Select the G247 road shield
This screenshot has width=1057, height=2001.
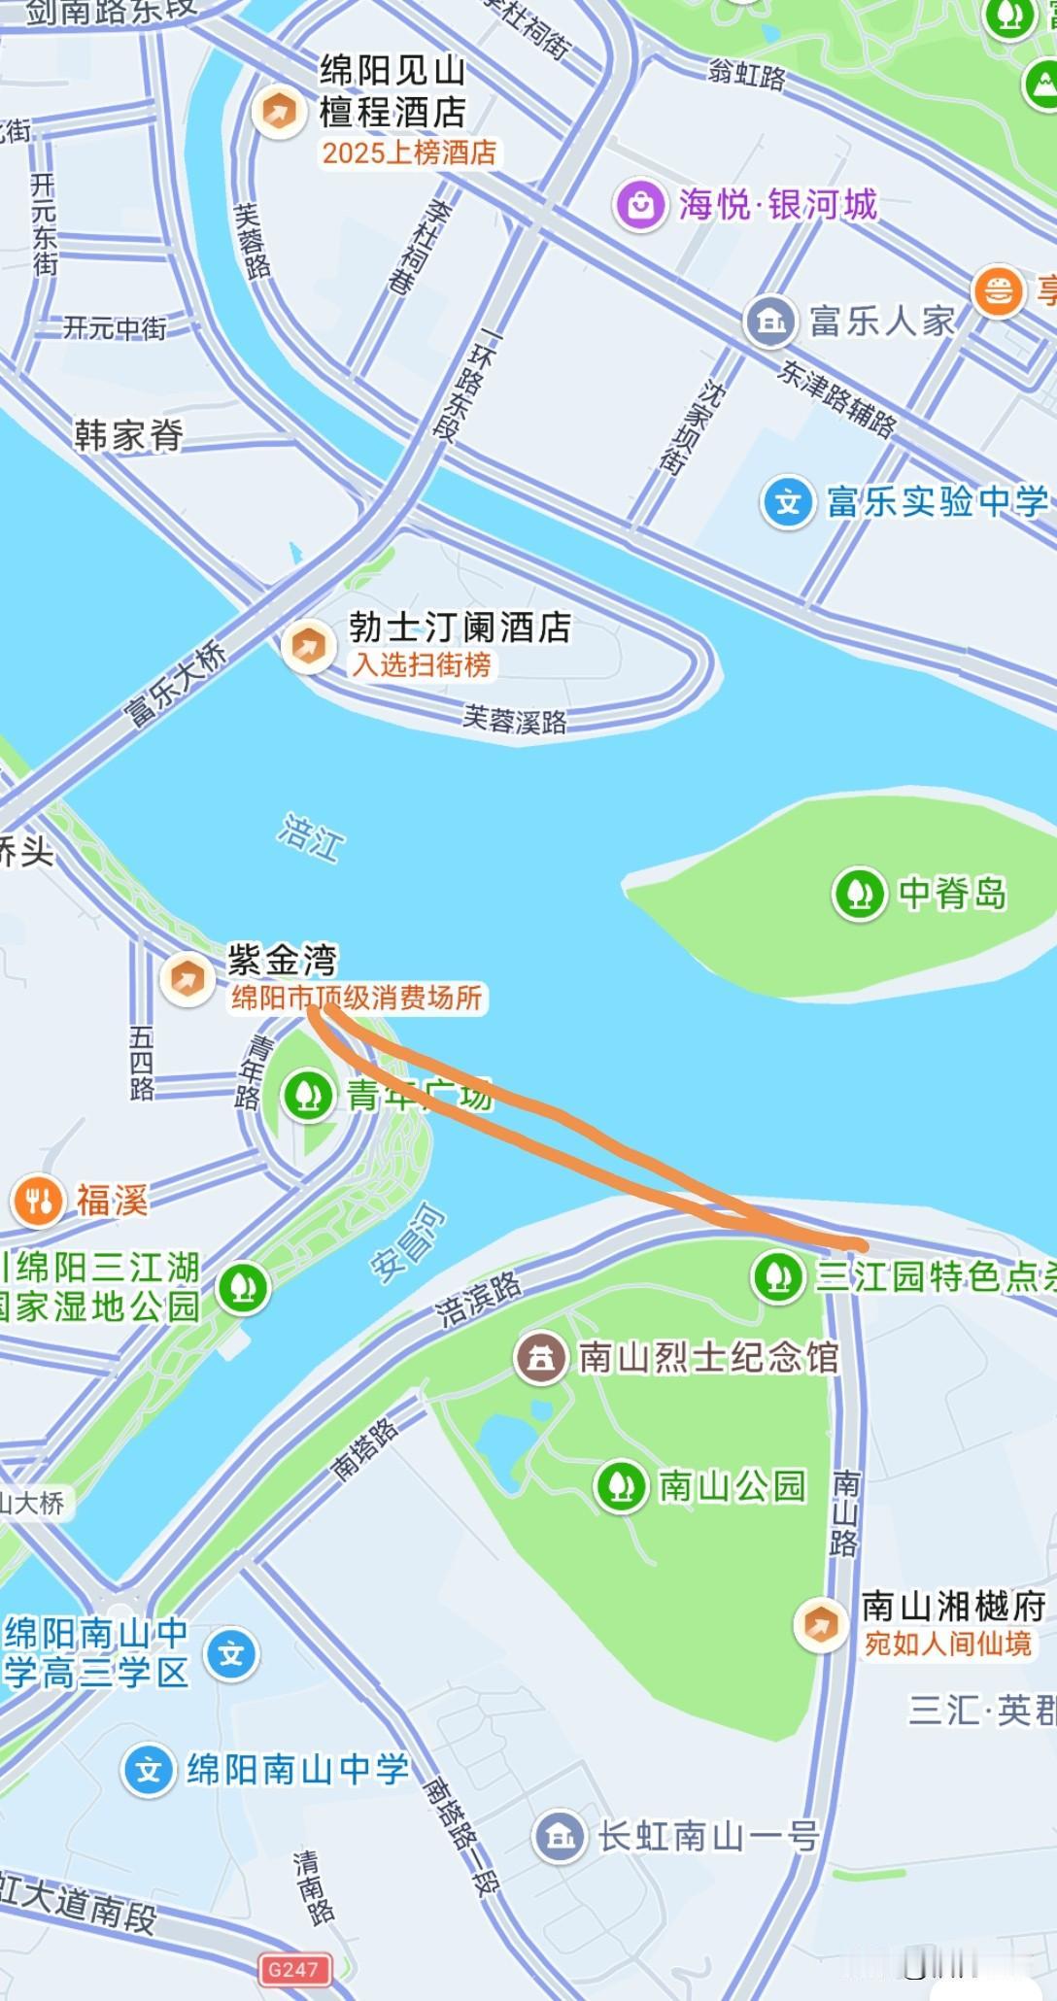[293, 1969]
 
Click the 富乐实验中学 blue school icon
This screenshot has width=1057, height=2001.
[788, 502]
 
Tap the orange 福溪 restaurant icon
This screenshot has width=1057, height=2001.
[38, 1201]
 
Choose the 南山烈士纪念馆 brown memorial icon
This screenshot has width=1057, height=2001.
[541, 1357]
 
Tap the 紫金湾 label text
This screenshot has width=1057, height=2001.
[282, 960]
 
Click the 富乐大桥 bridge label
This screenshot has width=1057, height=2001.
[175, 684]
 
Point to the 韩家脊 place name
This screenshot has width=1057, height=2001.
[129, 435]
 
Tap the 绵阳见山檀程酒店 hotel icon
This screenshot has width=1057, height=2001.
[279, 112]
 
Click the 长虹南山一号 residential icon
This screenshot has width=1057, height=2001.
[560, 1836]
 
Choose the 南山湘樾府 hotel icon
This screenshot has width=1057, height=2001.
[821, 1624]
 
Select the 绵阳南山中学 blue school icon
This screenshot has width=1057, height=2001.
[149, 1770]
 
